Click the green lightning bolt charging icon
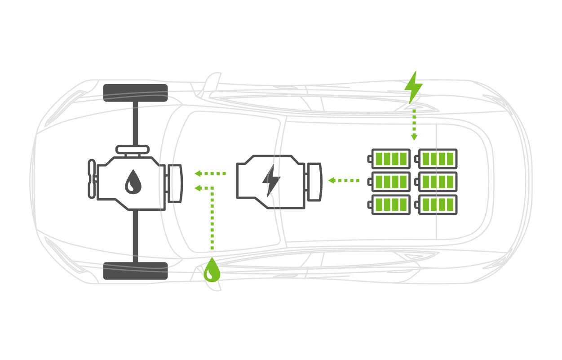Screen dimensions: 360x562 tap(413, 86)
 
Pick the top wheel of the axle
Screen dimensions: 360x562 tap(135, 93)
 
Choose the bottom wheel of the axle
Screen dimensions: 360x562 tap(135, 271)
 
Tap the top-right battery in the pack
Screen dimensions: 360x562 tap(436, 158)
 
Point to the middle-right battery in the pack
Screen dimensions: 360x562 tap(436, 181)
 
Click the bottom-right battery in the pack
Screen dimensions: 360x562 tap(436, 204)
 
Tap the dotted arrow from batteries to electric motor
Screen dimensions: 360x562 tap(344, 180)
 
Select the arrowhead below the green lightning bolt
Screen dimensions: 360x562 tap(414, 137)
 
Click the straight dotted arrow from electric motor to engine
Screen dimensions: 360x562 tap(210, 173)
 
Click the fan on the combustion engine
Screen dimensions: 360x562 tap(92, 178)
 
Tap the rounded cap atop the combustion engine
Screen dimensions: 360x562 tap(133, 149)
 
